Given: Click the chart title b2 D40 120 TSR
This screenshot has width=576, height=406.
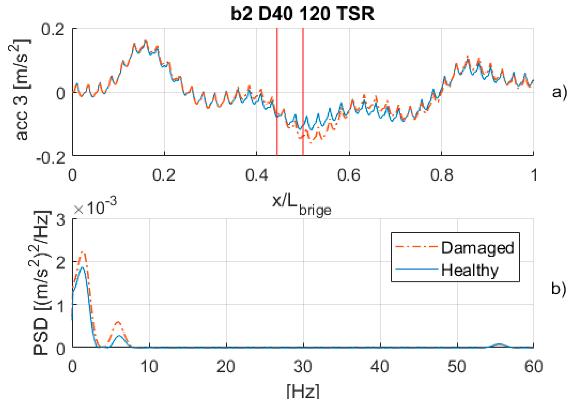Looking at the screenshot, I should pyautogui.click(x=302, y=14).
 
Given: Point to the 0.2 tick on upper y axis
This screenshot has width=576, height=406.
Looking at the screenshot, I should pyautogui.click(x=53, y=30).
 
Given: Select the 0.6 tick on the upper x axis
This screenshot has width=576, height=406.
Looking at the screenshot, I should pyautogui.click(x=349, y=175).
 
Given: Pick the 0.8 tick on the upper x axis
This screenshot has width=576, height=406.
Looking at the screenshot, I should pyautogui.click(x=441, y=175).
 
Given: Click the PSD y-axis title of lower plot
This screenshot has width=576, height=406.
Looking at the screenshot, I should pyautogui.click(x=41, y=283).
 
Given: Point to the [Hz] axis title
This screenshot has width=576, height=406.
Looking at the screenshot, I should pyautogui.click(x=303, y=391).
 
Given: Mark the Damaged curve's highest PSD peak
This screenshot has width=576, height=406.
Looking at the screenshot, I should pyautogui.click(x=83, y=252).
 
